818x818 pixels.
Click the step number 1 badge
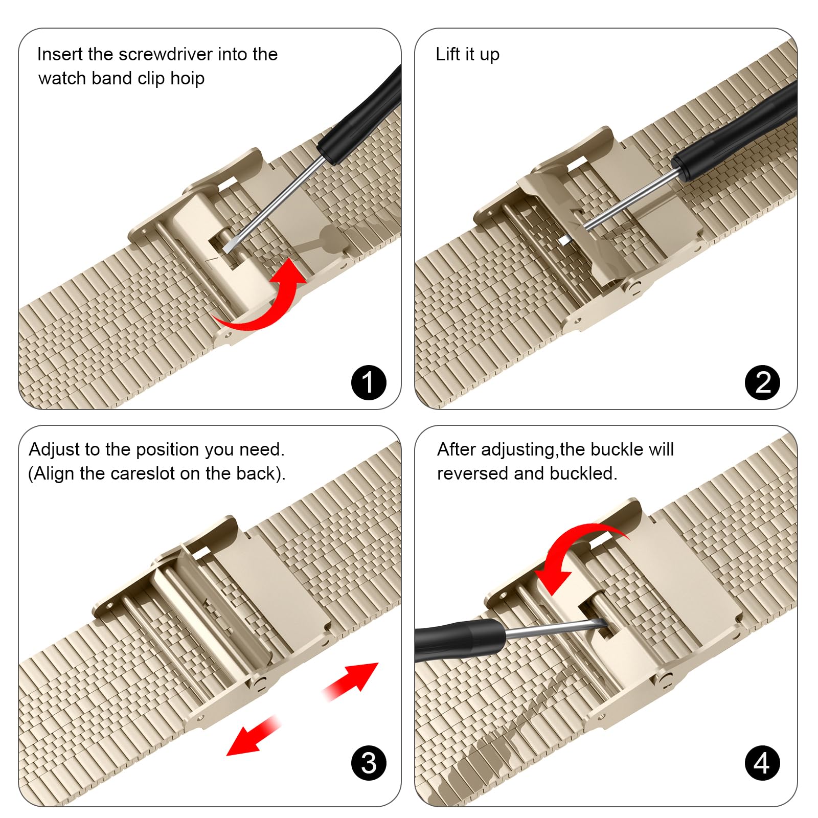(369, 382)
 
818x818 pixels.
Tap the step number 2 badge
(762, 382)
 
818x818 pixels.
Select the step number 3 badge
(369, 763)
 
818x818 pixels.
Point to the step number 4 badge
(762, 763)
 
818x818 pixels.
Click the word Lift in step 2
(448, 54)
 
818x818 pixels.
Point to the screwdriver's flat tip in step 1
(229, 246)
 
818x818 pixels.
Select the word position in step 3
(168, 449)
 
